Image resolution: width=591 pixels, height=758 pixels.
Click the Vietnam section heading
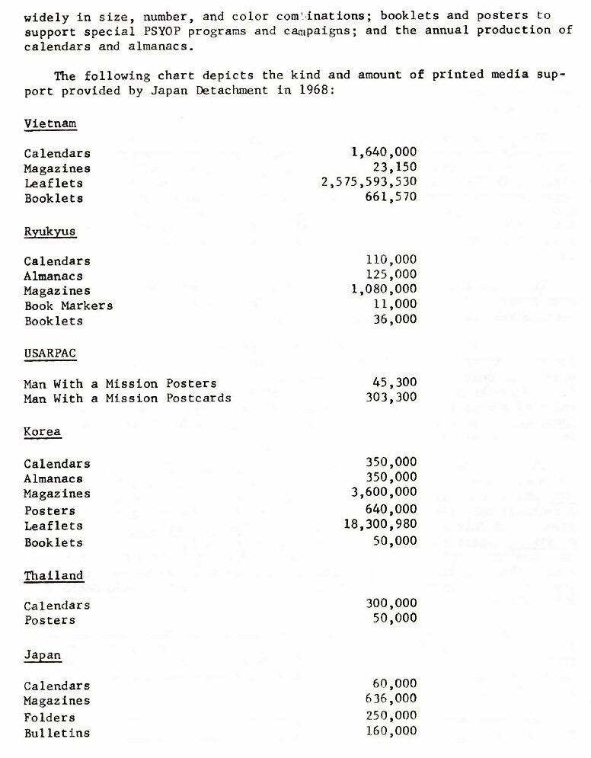pyautogui.click(x=50, y=123)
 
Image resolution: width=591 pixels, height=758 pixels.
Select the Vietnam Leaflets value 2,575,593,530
pyautogui.click(x=369, y=183)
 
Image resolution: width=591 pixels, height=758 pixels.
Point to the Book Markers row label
pyautogui.click(x=69, y=305)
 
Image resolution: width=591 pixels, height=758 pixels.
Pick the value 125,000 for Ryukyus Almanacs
pyautogui.click(x=391, y=275)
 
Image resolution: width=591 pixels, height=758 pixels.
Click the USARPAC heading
pyautogui.click(x=50, y=353)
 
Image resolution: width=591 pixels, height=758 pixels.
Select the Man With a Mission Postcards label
pyautogui.click(x=128, y=398)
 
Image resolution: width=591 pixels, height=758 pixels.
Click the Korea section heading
pyautogui.click(x=43, y=432)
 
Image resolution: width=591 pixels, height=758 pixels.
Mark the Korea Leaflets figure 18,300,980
pyautogui.click(x=381, y=525)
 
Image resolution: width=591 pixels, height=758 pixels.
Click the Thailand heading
pyautogui.click(x=54, y=576)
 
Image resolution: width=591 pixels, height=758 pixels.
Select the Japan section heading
pyautogui.click(x=43, y=655)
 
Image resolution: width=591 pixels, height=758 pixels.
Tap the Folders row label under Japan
pyautogui.click(x=50, y=718)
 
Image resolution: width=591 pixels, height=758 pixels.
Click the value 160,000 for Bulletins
pyautogui.click(x=391, y=732)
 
